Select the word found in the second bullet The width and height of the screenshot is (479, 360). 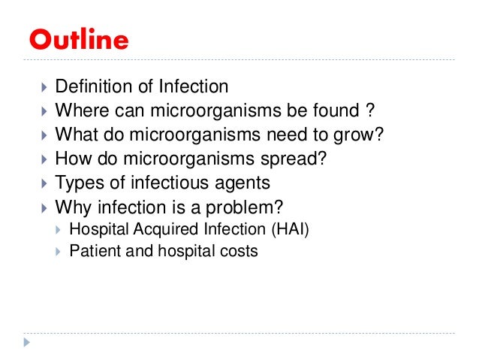point(330,112)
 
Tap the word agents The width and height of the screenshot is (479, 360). point(243,183)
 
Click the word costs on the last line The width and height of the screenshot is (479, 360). point(240,251)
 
